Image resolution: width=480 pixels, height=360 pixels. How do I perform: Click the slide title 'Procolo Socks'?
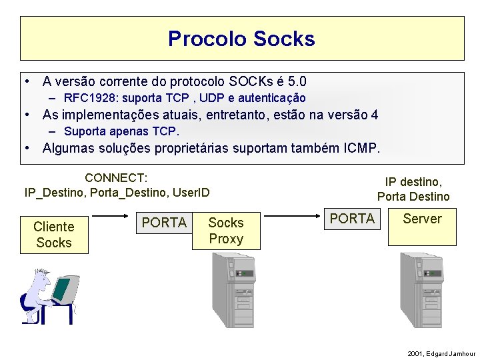(x=241, y=39)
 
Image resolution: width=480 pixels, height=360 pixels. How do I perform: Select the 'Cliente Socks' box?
(x=53, y=235)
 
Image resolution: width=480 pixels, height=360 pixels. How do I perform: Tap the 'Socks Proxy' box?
(x=226, y=231)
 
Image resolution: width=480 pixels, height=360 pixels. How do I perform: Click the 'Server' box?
(x=422, y=227)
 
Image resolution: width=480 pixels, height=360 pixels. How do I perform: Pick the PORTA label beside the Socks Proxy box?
(x=165, y=223)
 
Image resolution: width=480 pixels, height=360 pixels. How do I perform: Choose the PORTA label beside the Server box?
(x=353, y=219)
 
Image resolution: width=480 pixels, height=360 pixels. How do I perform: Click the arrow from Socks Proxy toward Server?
(x=294, y=216)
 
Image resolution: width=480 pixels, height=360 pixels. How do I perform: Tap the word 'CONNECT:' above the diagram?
(x=116, y=178)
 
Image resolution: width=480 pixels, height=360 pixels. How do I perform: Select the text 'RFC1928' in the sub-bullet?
(x=87, y=98)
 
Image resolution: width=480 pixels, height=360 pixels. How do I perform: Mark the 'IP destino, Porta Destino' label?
(x=413, y=189)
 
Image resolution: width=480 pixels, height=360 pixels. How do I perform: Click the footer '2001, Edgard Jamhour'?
(x=441, y=353)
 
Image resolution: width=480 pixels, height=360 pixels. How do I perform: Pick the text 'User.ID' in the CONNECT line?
(x=191, y=193)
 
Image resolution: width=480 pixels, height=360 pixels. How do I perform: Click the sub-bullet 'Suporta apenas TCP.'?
(x=121, y=131)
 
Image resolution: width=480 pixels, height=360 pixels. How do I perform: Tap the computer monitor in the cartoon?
(x=62, y=288)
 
